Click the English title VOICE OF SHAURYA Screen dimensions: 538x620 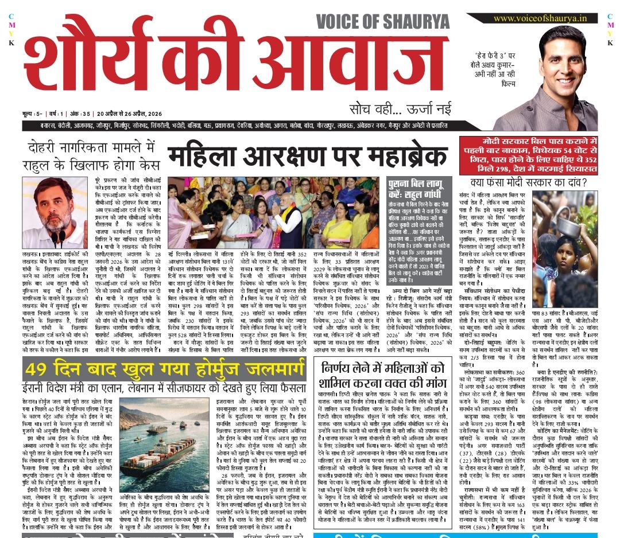click(383, 22)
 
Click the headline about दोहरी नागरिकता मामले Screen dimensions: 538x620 click(92, 155)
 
